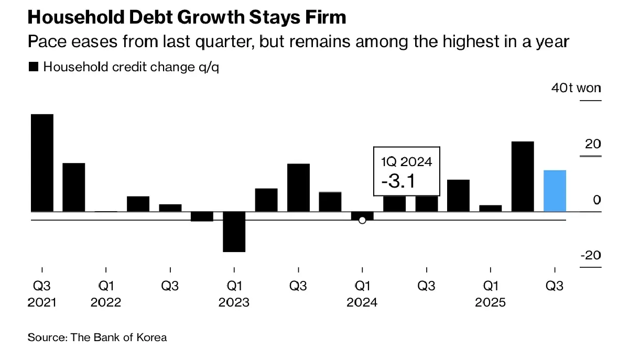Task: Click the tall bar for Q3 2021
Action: tap(42, 162)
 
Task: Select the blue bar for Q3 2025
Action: tap(555, 191)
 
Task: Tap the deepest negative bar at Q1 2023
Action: tap(234, 232)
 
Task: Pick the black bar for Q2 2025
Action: tap(523, 176)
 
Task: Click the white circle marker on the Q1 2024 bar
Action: tap(362, 221)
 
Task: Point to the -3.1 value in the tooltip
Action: tap(398, 181)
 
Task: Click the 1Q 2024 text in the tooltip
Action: tap(407, 161)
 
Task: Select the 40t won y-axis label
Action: tap(576, 88)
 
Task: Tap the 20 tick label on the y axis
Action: tap(593, 144)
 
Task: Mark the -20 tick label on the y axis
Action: tap(590, 255)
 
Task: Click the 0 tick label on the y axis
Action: tap(597, 200)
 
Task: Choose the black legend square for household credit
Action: tap(34, 67)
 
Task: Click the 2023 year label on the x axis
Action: tap(234, 302)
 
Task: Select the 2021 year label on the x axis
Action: tap(41, 302)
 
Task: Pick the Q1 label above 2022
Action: tap(106, 286)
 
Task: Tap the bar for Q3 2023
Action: tap(298, 188)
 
